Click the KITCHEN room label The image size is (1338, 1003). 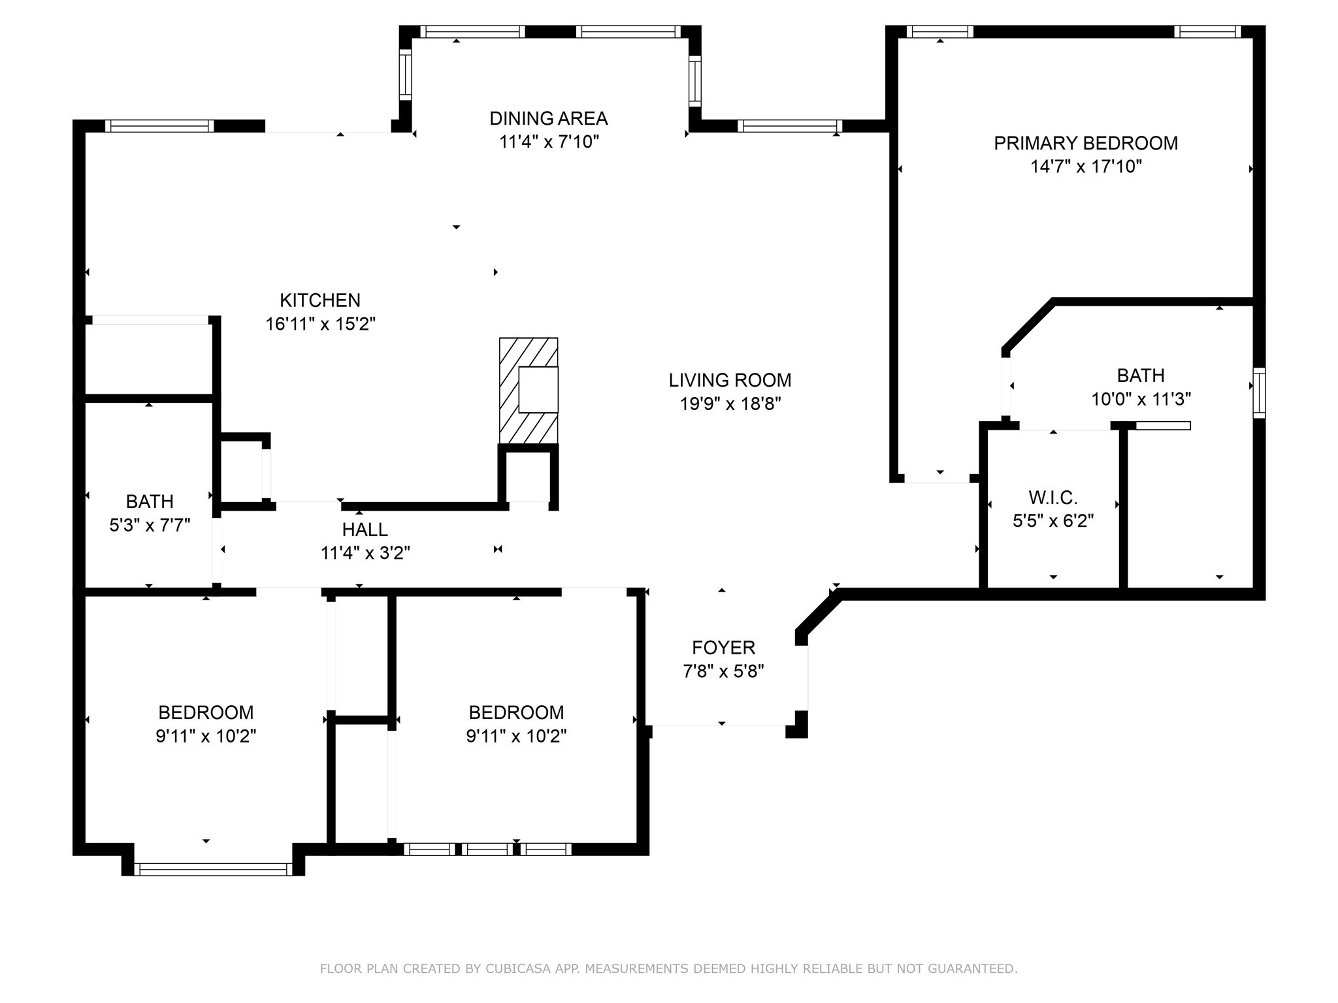(x=320, y=300)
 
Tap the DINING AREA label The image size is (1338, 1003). (x=549, y=119)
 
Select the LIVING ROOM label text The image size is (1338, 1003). (x=730, y=380)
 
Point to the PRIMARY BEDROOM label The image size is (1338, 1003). (x=1086, y=144)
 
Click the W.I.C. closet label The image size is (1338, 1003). (x=1053, y=498)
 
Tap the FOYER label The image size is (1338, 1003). (x=724, y=648)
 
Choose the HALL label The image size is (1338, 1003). (x=365, y=530)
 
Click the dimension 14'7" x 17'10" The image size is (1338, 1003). (x=1086, y=167)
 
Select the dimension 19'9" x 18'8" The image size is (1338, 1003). (x=730, y=404)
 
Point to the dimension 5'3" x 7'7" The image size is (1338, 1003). (x=150, y=525)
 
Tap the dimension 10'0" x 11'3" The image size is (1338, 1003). (x=1141, y=399)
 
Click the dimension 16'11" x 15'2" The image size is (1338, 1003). (x=320, y=324)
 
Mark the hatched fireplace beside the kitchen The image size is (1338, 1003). (x=529, y=390)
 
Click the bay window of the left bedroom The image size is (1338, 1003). (x=213, y=869)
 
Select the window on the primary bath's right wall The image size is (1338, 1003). (x=1259, y=392)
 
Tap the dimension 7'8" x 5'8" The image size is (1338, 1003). (x=724, y=671)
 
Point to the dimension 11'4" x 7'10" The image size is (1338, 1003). (x=549, y=142)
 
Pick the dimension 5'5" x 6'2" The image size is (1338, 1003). (x=1053, y=521)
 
